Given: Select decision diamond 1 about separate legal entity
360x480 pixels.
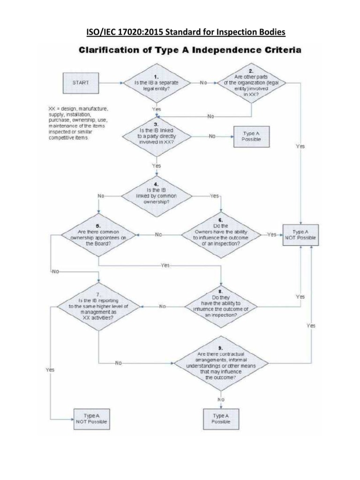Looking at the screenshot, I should [x=157, y=82].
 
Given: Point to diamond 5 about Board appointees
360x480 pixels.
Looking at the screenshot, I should [x=99, y=234].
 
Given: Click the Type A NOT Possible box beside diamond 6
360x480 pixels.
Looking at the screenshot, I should [x=300, y=234].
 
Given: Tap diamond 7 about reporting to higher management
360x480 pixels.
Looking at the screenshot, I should [x=99, y=307].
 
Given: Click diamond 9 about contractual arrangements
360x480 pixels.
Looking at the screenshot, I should [x=220, y=363].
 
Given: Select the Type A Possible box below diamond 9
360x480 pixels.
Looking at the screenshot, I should [x=221, y=418].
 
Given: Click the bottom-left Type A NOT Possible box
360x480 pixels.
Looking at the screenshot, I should [x=91, y=418].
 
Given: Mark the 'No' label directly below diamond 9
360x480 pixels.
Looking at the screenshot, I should [x=221, y=398].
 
